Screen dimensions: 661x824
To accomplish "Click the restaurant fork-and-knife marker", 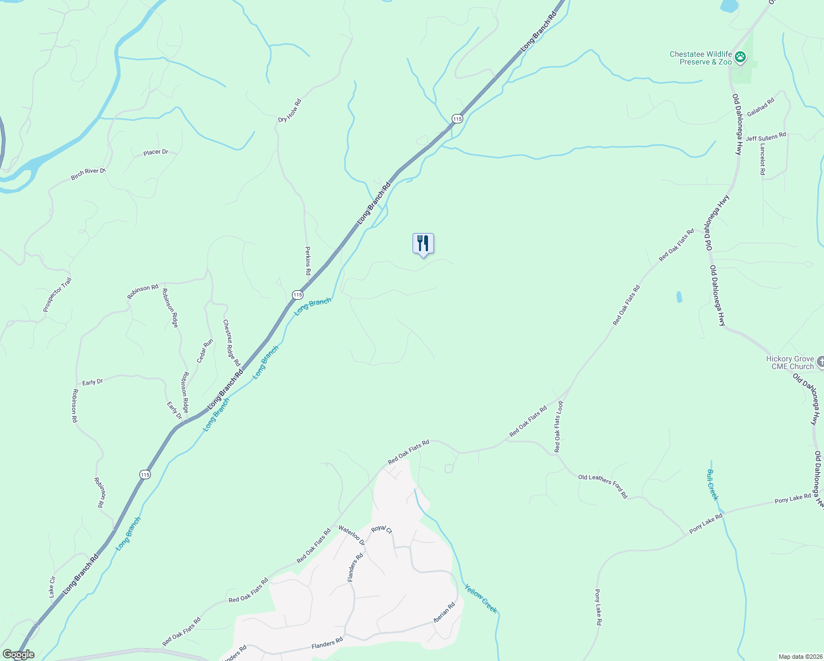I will (x=423, y=243).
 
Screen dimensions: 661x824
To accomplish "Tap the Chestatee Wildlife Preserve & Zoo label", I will (x=701, y=58).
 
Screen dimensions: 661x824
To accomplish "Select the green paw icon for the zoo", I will (x=740, y=57).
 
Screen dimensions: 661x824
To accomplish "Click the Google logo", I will (x=18, y=654).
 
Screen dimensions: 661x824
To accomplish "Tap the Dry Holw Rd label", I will (x=290, y=111).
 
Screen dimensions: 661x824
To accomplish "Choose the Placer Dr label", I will (x=156, y=152).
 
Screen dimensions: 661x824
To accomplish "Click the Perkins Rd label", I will (x=308, y=261).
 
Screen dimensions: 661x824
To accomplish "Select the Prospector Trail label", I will (x=57, y=295).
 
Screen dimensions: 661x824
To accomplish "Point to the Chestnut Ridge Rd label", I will (x=232, y=343).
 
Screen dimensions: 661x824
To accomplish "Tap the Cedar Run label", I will (x=205, y=351).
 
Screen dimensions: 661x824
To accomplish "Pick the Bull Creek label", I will (x=712, y=485).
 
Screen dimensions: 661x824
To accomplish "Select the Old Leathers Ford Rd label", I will (x=603, y=486).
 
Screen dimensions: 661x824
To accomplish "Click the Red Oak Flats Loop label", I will (x=559, y=427).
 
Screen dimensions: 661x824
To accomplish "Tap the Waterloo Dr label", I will (x=352, y=535).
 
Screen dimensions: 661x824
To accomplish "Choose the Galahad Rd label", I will (x=761, y=106).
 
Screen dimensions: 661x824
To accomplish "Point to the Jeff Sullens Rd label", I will (x=766, y=137).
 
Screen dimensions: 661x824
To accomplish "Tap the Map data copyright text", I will (x=799, y=657).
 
